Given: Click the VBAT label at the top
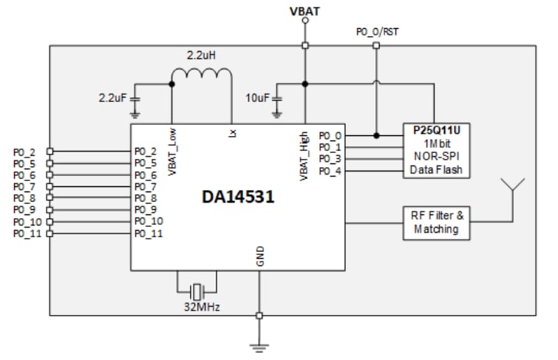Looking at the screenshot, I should click(x=304, y=10).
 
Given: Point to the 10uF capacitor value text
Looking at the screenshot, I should click(x=258, y=98).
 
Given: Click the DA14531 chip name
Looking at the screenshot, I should click(x=239, y=197).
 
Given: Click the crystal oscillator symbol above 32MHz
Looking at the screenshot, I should click(x=197, y=290).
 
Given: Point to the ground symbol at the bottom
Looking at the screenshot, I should click(x=259, y=344).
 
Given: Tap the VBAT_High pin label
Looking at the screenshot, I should click(x=304, y=157).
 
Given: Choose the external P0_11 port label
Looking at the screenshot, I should click(x=25, y=234).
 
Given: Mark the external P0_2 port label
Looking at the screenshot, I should click(x=24, y=152).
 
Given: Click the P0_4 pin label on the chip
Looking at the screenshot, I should click(x=329, y=171).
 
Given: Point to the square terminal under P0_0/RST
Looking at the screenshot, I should click(x=375, y=46).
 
